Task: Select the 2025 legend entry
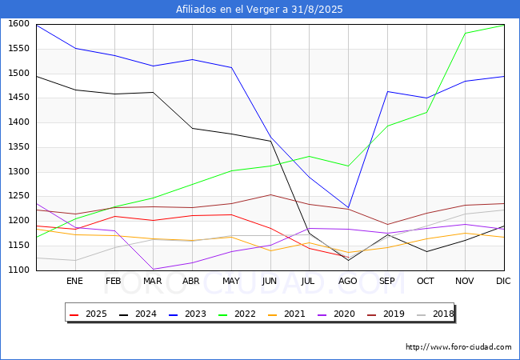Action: (x=89, y=314)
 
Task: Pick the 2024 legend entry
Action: (x=138, y=314)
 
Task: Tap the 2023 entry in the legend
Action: (x=188, y=314)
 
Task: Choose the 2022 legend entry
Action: (x=237, y=314)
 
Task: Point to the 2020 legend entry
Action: (x=336, y=314)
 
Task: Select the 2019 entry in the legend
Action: (x=386, y=314)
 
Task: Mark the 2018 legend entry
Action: (x=435, y=314)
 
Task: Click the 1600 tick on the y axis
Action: (x=19, y=24)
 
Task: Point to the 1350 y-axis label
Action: (x=19, y=147)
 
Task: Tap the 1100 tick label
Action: (x=19, y=270)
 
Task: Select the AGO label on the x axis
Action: (x=347, y=281)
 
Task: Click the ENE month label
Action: (x=74, y=281)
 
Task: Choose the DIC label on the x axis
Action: (x=503, y=281)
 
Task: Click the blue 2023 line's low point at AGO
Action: (x=348, y=208)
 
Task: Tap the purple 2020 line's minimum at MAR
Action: (x=154, y=269)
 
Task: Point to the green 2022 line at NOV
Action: (x=466, y=33)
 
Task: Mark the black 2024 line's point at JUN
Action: (x=270, y=142)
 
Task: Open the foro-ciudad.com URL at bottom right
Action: (x=458, y=347)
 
